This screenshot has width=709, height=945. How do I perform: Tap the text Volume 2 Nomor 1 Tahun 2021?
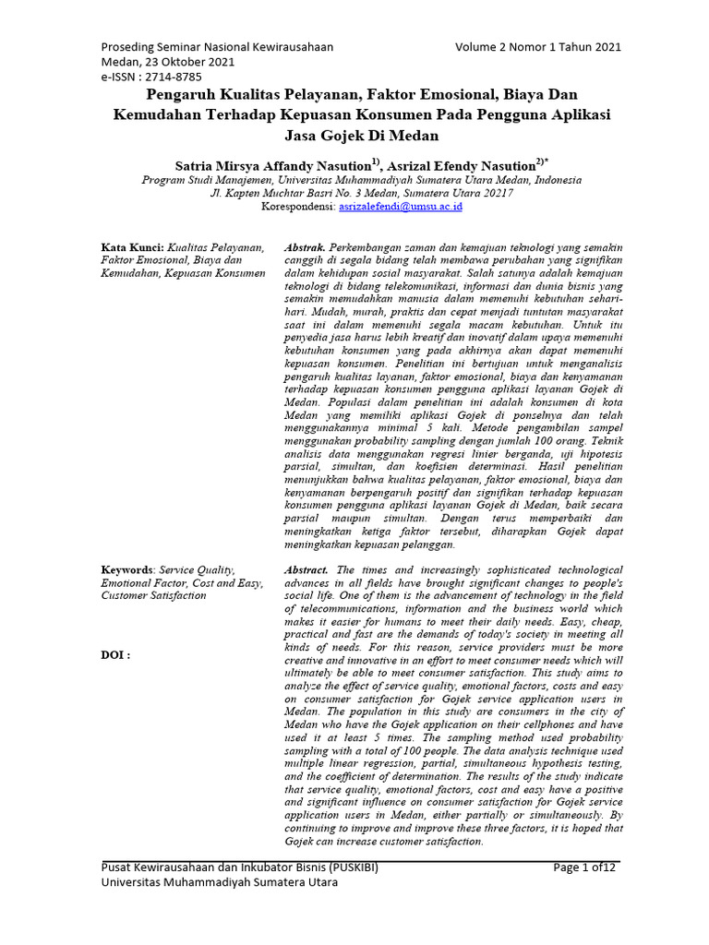coord(538,47)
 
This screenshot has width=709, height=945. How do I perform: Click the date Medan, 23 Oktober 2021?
coord(167,63)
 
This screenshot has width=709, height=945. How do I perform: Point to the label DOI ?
coord(115,654)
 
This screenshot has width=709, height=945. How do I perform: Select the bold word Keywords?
coord(127,570)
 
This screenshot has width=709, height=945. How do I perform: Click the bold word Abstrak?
coord(305,248)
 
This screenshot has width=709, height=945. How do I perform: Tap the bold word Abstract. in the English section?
coord(306,570)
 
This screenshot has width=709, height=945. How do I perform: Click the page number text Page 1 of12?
coord(584,867)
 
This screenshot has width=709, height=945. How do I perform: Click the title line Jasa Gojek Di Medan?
coord(361,136)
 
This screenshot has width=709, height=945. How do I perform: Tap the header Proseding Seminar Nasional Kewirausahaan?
coord(217,47)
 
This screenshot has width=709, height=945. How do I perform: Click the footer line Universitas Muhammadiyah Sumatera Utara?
coord(218,883)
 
